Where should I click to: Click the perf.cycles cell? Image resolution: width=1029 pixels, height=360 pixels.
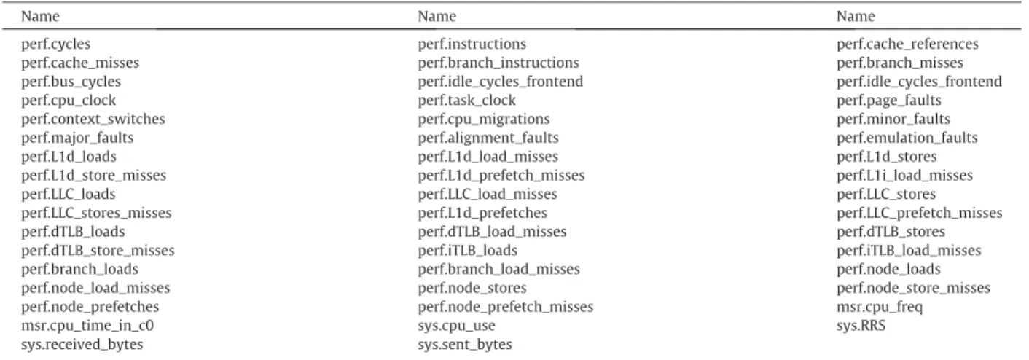click(55, 44)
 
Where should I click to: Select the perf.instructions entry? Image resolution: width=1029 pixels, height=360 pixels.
click(472, 44)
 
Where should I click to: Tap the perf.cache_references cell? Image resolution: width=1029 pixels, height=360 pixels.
click(907, 44)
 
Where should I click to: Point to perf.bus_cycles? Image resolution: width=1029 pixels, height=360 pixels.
click(71, 82)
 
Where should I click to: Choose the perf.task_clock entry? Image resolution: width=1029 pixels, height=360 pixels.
click(466, 100)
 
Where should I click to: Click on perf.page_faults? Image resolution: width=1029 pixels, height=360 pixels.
click(888, 100)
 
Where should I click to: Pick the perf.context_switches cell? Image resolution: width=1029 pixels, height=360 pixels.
click(93, 119)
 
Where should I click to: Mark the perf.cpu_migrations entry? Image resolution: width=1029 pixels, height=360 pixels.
click(484, 119)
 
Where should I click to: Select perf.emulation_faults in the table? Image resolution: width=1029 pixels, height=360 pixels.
click(907, 138)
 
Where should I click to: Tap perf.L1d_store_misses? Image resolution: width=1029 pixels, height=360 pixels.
click(93, 176)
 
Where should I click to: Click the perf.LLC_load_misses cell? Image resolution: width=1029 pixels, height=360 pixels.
click(488, 195)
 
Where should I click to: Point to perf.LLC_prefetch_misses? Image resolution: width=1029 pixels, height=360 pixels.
click(919, 213)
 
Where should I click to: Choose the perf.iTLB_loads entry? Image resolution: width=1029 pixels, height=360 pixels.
click(467, 250)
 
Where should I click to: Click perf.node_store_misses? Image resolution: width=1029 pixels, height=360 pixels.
click(913, 288)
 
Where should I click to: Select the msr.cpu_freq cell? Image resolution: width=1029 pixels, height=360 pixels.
click(880, 307)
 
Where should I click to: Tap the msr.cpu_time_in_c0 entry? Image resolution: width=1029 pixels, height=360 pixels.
click(87, 326)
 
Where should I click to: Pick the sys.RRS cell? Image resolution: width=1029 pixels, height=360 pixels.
click(861, 326)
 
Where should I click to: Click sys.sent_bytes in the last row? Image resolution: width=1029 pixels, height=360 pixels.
click(464, 345)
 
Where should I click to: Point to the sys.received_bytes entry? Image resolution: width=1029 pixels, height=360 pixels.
click(82, 345)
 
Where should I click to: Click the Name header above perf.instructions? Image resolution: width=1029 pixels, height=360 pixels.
click(437, 17)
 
